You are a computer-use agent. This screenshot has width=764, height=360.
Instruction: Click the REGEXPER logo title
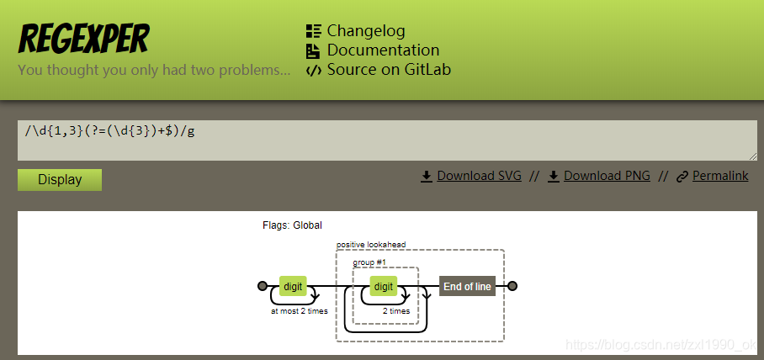pyautogui.click(x=83, y=39)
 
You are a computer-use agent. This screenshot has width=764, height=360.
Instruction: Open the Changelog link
pyautogui.click(x=366, y=31)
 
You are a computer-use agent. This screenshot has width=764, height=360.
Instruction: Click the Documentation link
pyautogui.click(x=383, y=50)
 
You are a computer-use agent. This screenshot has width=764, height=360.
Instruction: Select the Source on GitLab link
pyautogui.click(x=389, y=70)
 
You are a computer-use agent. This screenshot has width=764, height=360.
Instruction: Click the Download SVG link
pyautogui.click(x=479, y=176)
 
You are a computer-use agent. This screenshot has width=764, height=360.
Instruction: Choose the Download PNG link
pyautogui.click(x=607, y=176)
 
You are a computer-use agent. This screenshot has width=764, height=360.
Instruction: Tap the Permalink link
pyautogui.click(x=720, y=176)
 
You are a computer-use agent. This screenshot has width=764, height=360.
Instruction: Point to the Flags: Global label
pyautogui.click(x=292, y=225)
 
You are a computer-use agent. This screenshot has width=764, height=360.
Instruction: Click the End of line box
pyautogui.click(x=467, y=287)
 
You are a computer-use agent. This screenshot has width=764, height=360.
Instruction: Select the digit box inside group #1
pyautogui.click(x=384, y=287)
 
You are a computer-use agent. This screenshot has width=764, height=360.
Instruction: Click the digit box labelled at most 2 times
pyautogui.click(x=292, y=287)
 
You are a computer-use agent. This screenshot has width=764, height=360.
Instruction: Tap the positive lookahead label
pyautogui.click(x=371, y=245)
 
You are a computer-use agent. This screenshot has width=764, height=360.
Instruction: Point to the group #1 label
pyautogui.click(x=369, y=262)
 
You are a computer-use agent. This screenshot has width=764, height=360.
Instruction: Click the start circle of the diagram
pyautogui.click(x=263, y=287)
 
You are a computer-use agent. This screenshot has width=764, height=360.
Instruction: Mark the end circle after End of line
pyautogui.click(x=512, y=287)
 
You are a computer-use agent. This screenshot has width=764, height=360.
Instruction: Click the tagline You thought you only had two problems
pyautogui.click(x=154, y=70)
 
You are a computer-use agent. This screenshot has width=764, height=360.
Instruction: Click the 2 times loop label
pyautogui.click(x=395, y=311)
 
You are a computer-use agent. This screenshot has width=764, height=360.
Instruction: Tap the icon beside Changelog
pyautogui.click(x=313, y=32)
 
